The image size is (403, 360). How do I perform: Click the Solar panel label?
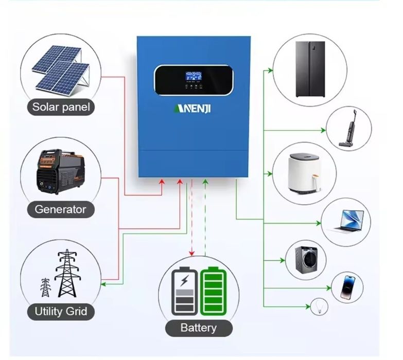pyautogui.click(x=61, y=107)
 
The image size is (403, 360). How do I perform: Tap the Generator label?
pyautogui.click(x=60, y=209)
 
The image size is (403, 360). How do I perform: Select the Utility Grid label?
pyautogui.click(x=61, y=311)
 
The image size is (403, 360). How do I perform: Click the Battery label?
pyautogui.click(x=198, y=328)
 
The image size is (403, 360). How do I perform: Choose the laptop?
pyautogui.click(x=346, y=222)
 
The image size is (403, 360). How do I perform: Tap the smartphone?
pyautogui.click(x=347, y=287)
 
